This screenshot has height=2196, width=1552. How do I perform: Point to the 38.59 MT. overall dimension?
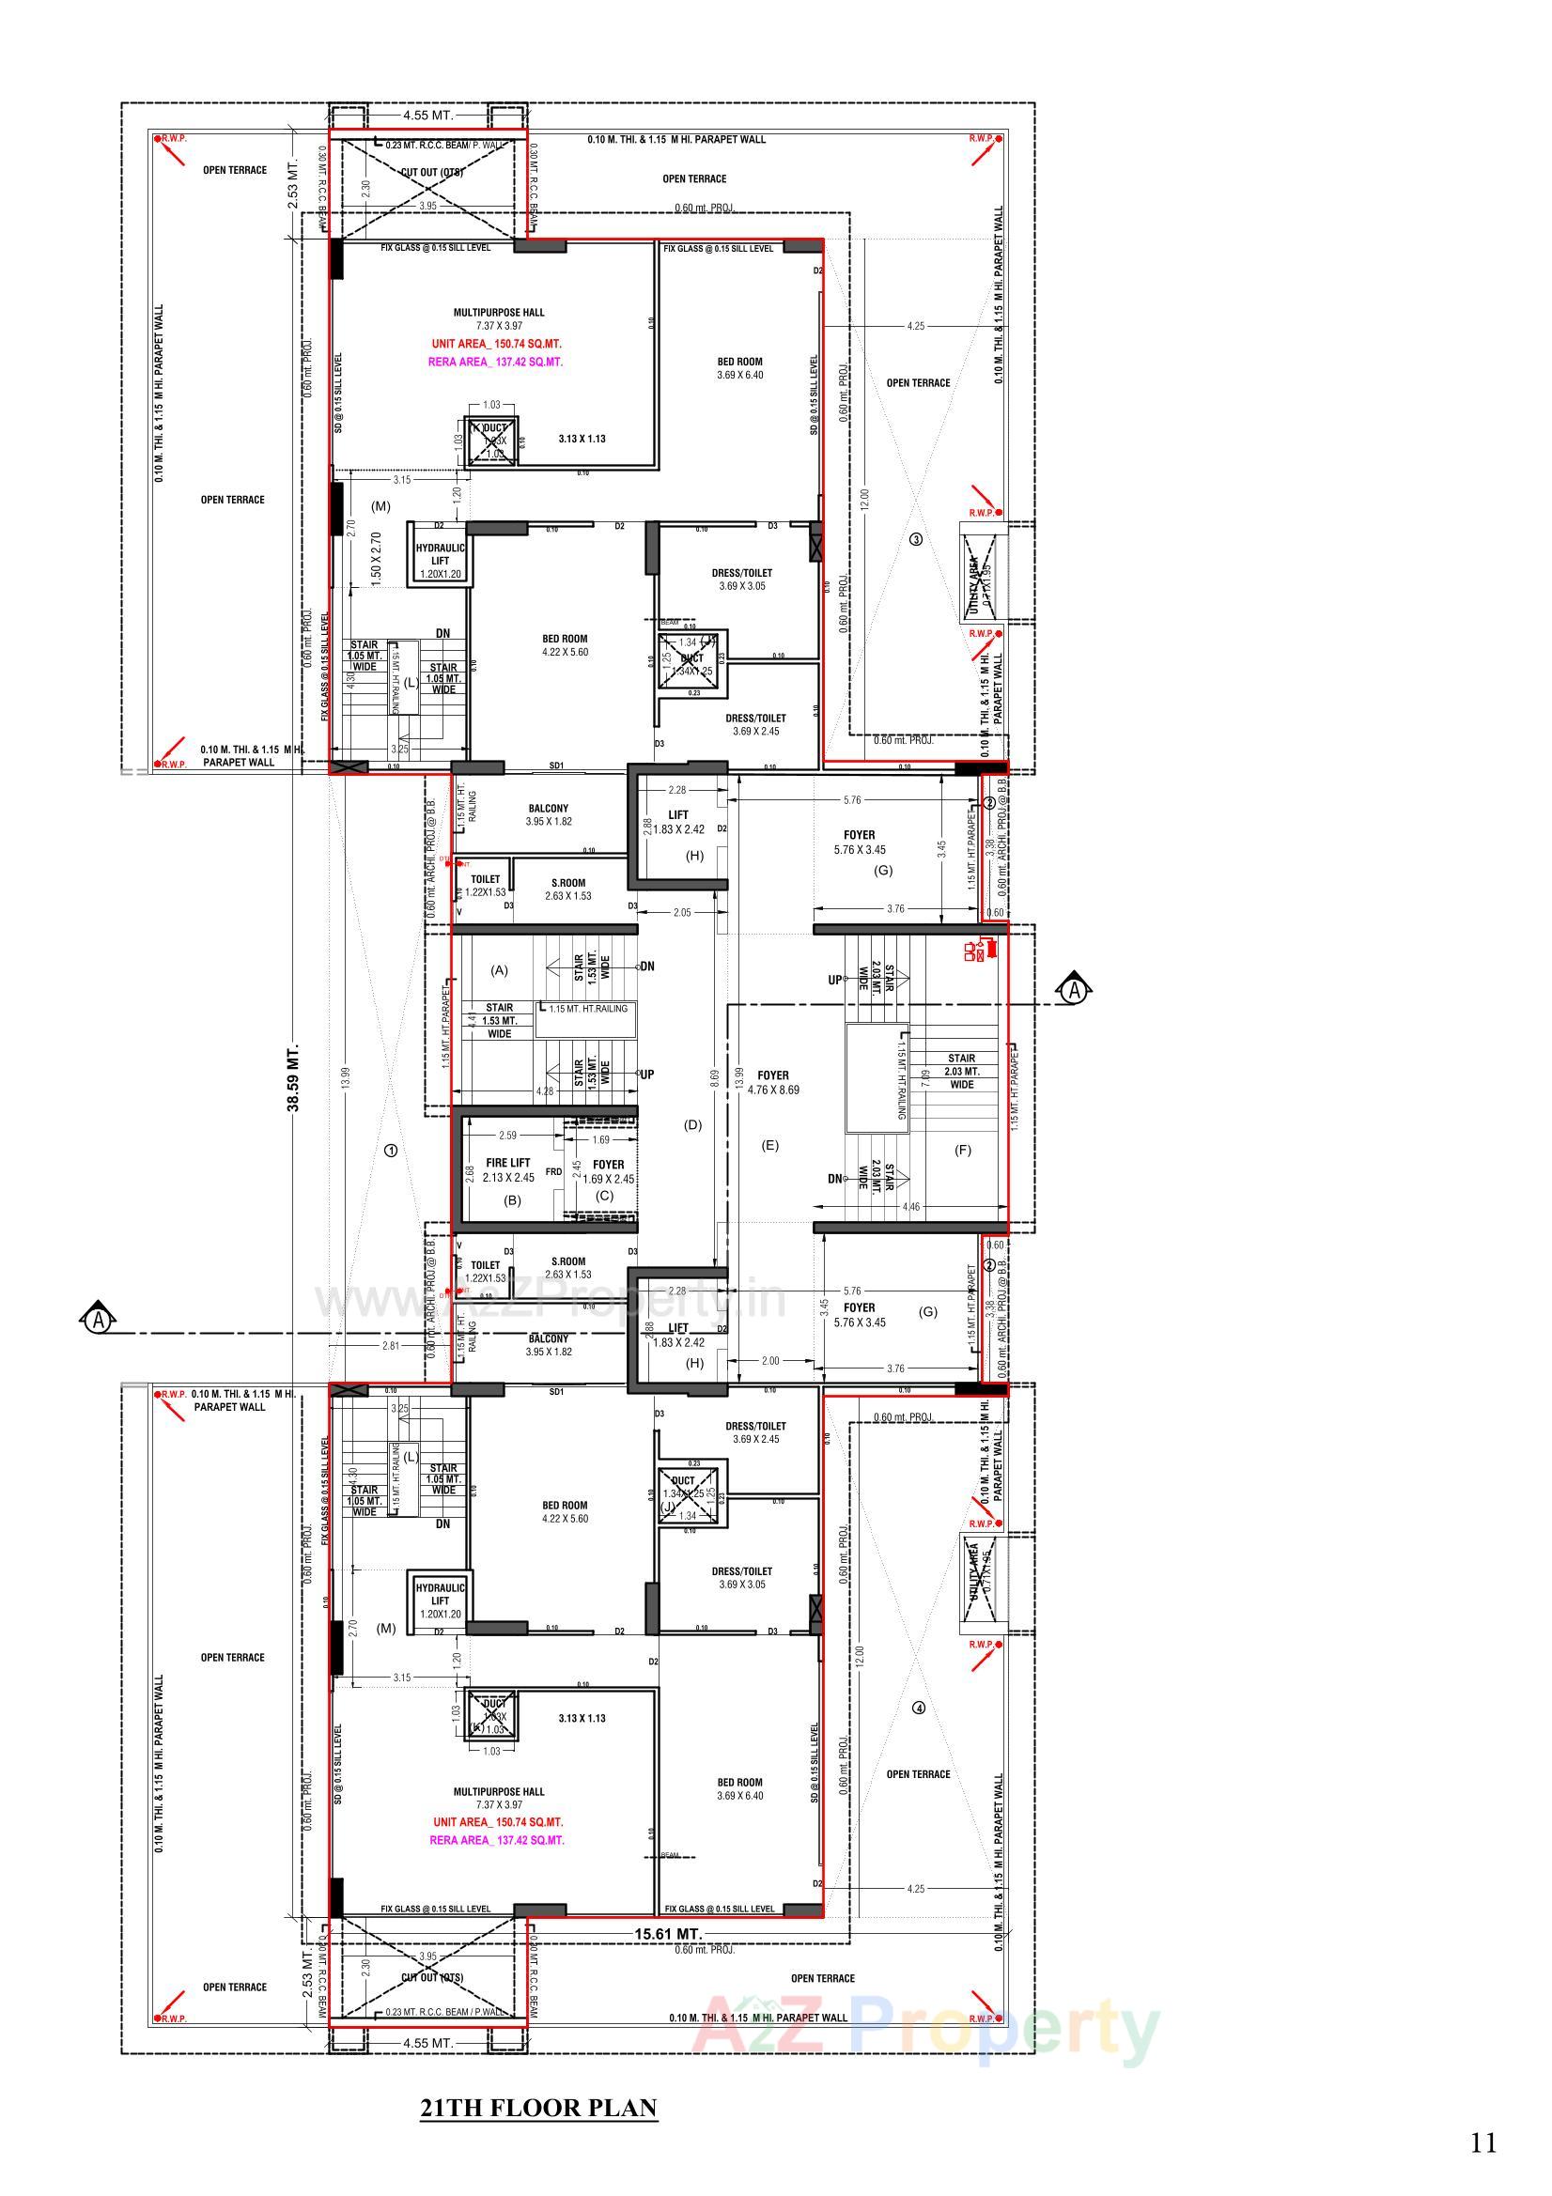[x=295, y=1077]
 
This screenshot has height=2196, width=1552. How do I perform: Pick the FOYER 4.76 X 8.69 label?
[x=773, y=1082]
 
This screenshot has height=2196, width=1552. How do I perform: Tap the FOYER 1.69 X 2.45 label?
[x=608, y=1170]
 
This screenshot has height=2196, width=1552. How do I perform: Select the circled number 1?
[x=391, y=1151]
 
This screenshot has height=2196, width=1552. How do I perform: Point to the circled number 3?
[x=916, y=538]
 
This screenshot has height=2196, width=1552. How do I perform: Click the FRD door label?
[x=553, y=1171]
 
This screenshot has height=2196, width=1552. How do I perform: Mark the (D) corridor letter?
[x=692, y=1125]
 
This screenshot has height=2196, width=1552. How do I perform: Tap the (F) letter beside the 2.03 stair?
[x=963, y=1150]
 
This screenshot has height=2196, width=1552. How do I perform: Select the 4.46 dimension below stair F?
[x=911, y=1207]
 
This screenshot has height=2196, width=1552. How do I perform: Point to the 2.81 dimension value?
[x=391, y=1346]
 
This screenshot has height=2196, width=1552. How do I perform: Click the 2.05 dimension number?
[x=682, y=912]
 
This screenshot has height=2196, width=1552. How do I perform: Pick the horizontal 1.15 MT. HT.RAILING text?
[x=588, y=1008]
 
